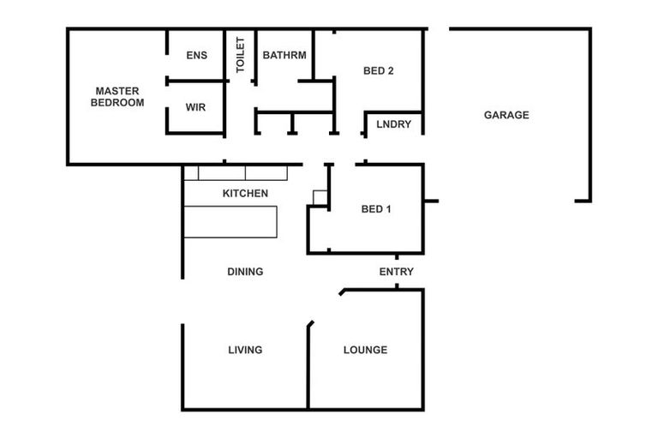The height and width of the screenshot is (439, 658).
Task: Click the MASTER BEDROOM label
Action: click(119, 96)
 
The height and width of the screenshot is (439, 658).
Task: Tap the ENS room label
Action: click(197, 56)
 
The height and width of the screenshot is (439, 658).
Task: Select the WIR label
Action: click(196, 108)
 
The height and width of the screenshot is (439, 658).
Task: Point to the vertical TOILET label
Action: click(241, 54)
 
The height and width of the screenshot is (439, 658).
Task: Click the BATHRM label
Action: click(284, 56)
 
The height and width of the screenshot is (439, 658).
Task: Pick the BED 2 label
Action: click(378, 71)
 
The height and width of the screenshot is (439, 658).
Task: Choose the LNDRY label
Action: click(394, 124)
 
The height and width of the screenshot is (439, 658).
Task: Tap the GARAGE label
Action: click(506, 115)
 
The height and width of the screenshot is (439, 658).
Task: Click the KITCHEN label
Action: click(245, 194)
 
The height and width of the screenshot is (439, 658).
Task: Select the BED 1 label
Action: click(376, 209)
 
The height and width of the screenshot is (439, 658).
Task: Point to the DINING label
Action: click(245, 272)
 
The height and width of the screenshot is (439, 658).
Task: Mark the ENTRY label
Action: click(397, 272)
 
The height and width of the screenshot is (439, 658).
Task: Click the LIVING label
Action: click(245, 350)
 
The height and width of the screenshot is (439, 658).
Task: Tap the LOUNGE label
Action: click(365, 350)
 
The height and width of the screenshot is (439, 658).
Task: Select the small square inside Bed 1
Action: click(320, 198)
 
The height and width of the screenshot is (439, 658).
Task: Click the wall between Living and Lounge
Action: click(308, 369)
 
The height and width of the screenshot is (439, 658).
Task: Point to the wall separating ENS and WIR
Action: click(195, 82)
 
